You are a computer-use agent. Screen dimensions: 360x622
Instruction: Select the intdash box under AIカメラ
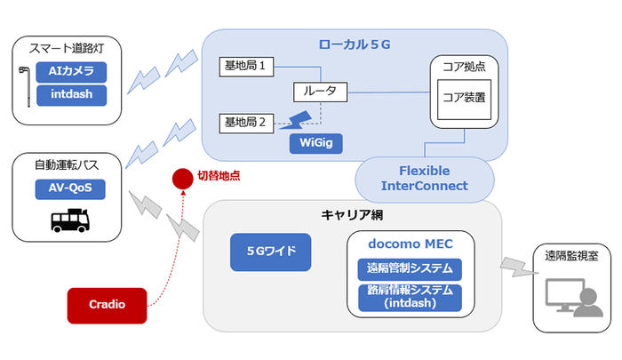pos(78,93)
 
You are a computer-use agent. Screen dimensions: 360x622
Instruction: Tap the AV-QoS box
pos(68,188)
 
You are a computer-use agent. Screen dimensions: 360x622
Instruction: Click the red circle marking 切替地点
pos(182,178)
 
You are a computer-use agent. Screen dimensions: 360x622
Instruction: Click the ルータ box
pos(320,92)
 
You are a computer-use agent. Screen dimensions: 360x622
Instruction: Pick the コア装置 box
pos(462,99)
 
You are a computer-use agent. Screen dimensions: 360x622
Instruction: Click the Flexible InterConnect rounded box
pos(424,178)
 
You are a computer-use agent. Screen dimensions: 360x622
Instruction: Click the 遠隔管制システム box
pos(410,268)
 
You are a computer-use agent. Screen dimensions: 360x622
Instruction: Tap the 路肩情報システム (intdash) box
pos(410,297)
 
